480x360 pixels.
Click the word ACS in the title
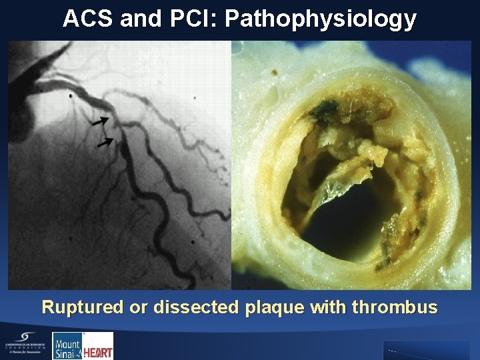tap(89, 19)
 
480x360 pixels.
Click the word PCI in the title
tap(197, 19)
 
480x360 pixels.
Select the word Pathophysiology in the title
tap(321, 19)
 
